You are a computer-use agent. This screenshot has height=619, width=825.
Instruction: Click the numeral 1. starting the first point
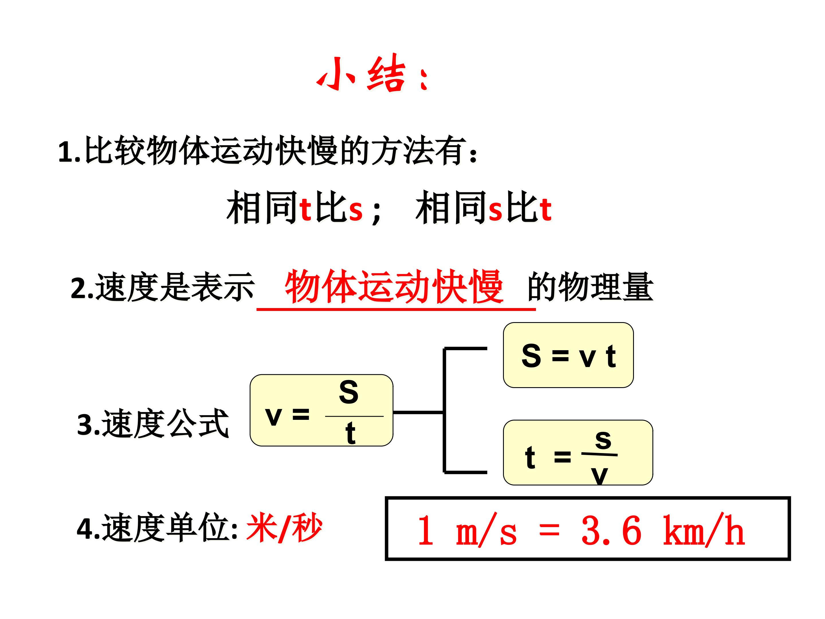[x=69, y=152]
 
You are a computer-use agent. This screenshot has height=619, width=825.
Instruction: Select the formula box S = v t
[x=568, y=355]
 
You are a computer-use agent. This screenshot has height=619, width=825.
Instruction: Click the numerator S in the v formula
[x=348, y=392]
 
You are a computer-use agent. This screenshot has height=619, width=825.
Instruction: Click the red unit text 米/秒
[x=284, y=527]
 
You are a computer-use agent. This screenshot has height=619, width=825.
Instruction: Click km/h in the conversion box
[x=704, y=530]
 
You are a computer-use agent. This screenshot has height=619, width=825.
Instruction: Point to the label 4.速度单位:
[x=157, y=528]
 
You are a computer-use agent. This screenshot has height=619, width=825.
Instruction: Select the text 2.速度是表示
[x=163, y=287]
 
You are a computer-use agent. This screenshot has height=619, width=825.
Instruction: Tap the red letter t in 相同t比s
[x=305, y=209]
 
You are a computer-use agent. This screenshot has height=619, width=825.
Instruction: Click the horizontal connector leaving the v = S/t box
[x=418, y=412]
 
